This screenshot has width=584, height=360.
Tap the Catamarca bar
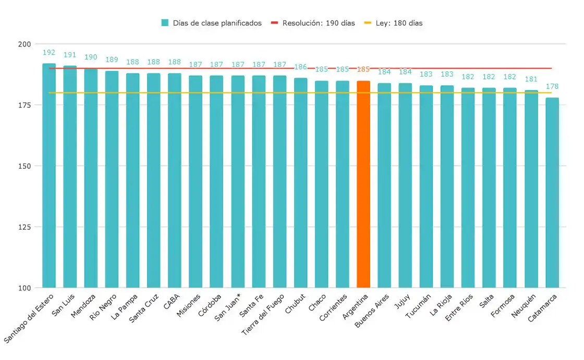pos(552,192)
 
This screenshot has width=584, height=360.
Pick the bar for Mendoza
pos(91,178)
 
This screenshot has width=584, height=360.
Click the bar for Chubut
pos(300,182)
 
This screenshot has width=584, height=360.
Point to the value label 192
pos(49,53)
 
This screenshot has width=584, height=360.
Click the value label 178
pos(552,86)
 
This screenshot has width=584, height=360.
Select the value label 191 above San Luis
pos(70,55)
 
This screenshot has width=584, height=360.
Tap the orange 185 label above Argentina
pos(363,69)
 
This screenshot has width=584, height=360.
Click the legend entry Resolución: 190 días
pos(313,23)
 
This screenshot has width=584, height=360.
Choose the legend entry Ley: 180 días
pos(393,23)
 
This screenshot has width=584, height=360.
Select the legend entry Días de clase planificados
pos(211,23)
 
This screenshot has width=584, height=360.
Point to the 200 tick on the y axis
pos(25,44)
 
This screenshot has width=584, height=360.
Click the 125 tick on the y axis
pos(25,227)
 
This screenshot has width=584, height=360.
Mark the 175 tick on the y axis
pos(25,105)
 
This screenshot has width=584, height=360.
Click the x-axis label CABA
pos(173,302)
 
